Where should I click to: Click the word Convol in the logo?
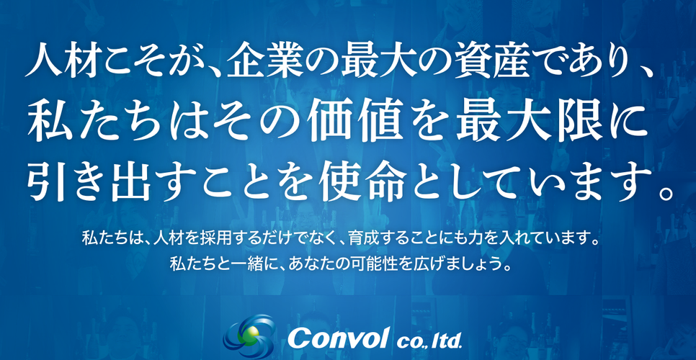coord(339,338)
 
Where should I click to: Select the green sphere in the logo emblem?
coord(247,335)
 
